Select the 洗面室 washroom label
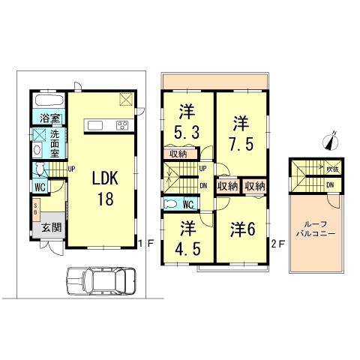pyautogui.click(x=55, y=143)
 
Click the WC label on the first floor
pyautogui.click(x=40, y=187)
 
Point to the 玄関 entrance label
pyautogui.click(x=51, y=228)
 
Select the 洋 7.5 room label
pyautogui.click(x=239, y=132)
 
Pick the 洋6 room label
pyautogui.click(x=244, y=229)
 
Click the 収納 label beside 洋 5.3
pyautogui.click(x=178, y=154)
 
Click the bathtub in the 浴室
pyautogui.click(x=49, y=100)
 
